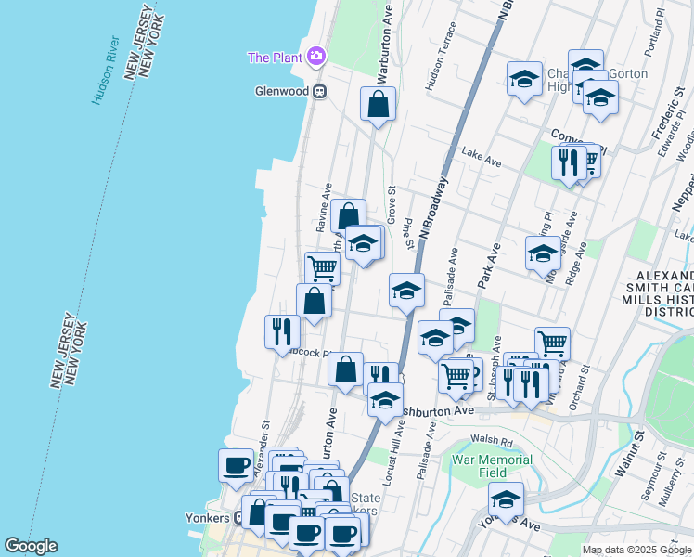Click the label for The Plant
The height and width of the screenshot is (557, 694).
(275, 58)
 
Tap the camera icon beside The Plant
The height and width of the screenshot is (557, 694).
(317, 58)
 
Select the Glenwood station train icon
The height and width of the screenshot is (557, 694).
(319, 91)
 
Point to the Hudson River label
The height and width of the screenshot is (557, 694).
(105, 70)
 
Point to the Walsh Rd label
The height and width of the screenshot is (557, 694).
(492, 442)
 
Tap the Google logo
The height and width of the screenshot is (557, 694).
(31, 546)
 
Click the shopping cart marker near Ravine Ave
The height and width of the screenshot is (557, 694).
(322, 267)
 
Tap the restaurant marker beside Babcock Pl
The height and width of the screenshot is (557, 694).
(282, 331)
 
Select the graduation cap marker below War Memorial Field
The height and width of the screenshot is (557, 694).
(506, 499)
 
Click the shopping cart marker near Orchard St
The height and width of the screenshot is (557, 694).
(552, 342)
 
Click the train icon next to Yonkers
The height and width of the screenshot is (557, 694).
(238, 518)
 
